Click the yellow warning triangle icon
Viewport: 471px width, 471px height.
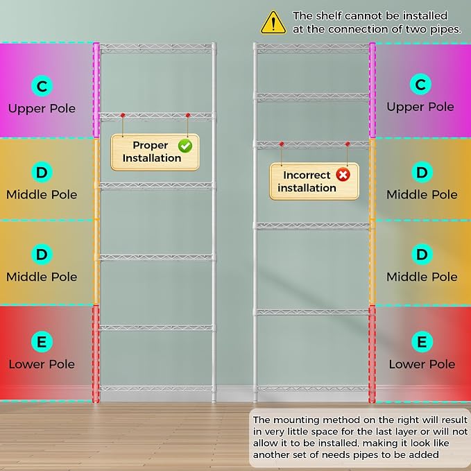pyautogui.click(x=273, y=23)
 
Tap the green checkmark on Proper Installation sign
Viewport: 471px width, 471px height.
pyautogui.click(x=185, y=146)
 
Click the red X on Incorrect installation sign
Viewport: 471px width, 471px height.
pyautogui.click(x=343, y=175)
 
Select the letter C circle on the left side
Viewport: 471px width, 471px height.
pyautogui.click(x=42, y=86)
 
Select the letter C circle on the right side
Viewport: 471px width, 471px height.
pyautogui.click(x=420, y=84)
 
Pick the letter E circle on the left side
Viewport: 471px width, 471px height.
pyautogui.click(x=42, y=341)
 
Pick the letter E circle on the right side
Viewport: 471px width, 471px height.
pyautogui.click(x=422, y=341)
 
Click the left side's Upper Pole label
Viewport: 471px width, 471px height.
pyautogui.click(x=42, y=108)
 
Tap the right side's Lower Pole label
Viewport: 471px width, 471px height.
pyautogui.click(x=422, y=364)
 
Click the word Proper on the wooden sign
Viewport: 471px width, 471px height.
pyautogui.click(x=151, y=146)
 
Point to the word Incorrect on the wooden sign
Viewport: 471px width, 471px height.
pyautogui.click(x=307, y=175)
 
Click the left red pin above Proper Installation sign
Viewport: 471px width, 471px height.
pyautogui.click(x=123, y=115)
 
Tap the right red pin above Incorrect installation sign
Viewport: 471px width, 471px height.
pyautogui.click(x=348, y=144)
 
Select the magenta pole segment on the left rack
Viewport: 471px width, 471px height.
pyautogui.click(x=96, y=90)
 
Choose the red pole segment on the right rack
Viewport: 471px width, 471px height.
pyautogui.click(x=372, y=354)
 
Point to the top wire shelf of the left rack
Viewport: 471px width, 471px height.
pyautogui.click(x=156, y=49)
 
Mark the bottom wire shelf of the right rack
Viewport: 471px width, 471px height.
pyautogui.click(x=312, y=388)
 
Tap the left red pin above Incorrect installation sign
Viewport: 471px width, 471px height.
pyautogui.click(x=282, y=144)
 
